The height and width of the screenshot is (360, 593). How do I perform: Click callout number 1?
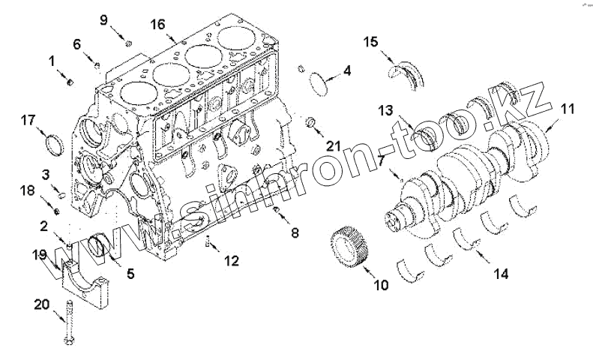[x=52, y=59]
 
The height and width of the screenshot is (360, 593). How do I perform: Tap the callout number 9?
[x=104, y=19]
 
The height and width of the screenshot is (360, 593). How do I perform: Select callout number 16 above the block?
[x=157, y=24]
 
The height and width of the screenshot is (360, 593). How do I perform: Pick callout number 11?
[x=567, y=109]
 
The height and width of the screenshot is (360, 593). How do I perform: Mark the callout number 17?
[x=28, y=119]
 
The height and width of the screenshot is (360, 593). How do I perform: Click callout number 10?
[x=382, y=285]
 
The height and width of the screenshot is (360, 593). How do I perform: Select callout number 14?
[x=500, y=274]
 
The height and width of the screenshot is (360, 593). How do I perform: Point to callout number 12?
[x=231, y=260]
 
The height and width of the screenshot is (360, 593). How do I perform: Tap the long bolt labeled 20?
[x=70, y=322]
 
